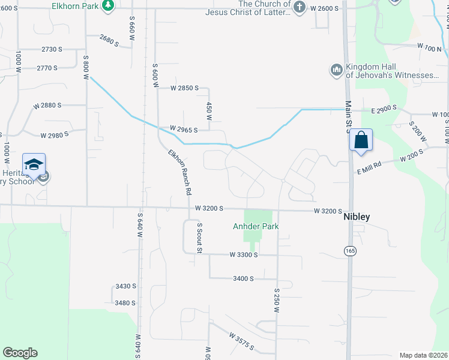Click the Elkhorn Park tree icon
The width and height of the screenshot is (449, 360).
point(107,6)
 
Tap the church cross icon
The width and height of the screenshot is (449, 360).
point(300,7)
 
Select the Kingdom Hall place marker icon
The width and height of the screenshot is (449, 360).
point(336,71)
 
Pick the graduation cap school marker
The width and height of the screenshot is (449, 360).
point(34,164)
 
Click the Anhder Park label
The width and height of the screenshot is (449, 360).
point(256,226)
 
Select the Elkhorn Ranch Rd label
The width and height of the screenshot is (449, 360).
point(179,172)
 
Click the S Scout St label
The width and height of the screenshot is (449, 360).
point(199,237)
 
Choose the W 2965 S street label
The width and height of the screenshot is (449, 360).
point(184,129)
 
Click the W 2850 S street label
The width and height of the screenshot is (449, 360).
point(184,88)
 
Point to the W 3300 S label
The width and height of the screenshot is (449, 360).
point(243,255)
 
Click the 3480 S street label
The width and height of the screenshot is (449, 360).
point(125,303)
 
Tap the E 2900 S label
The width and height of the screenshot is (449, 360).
point(385,109)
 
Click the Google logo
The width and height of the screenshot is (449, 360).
point(20,353)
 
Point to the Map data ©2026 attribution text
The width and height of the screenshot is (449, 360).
point(423,355)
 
